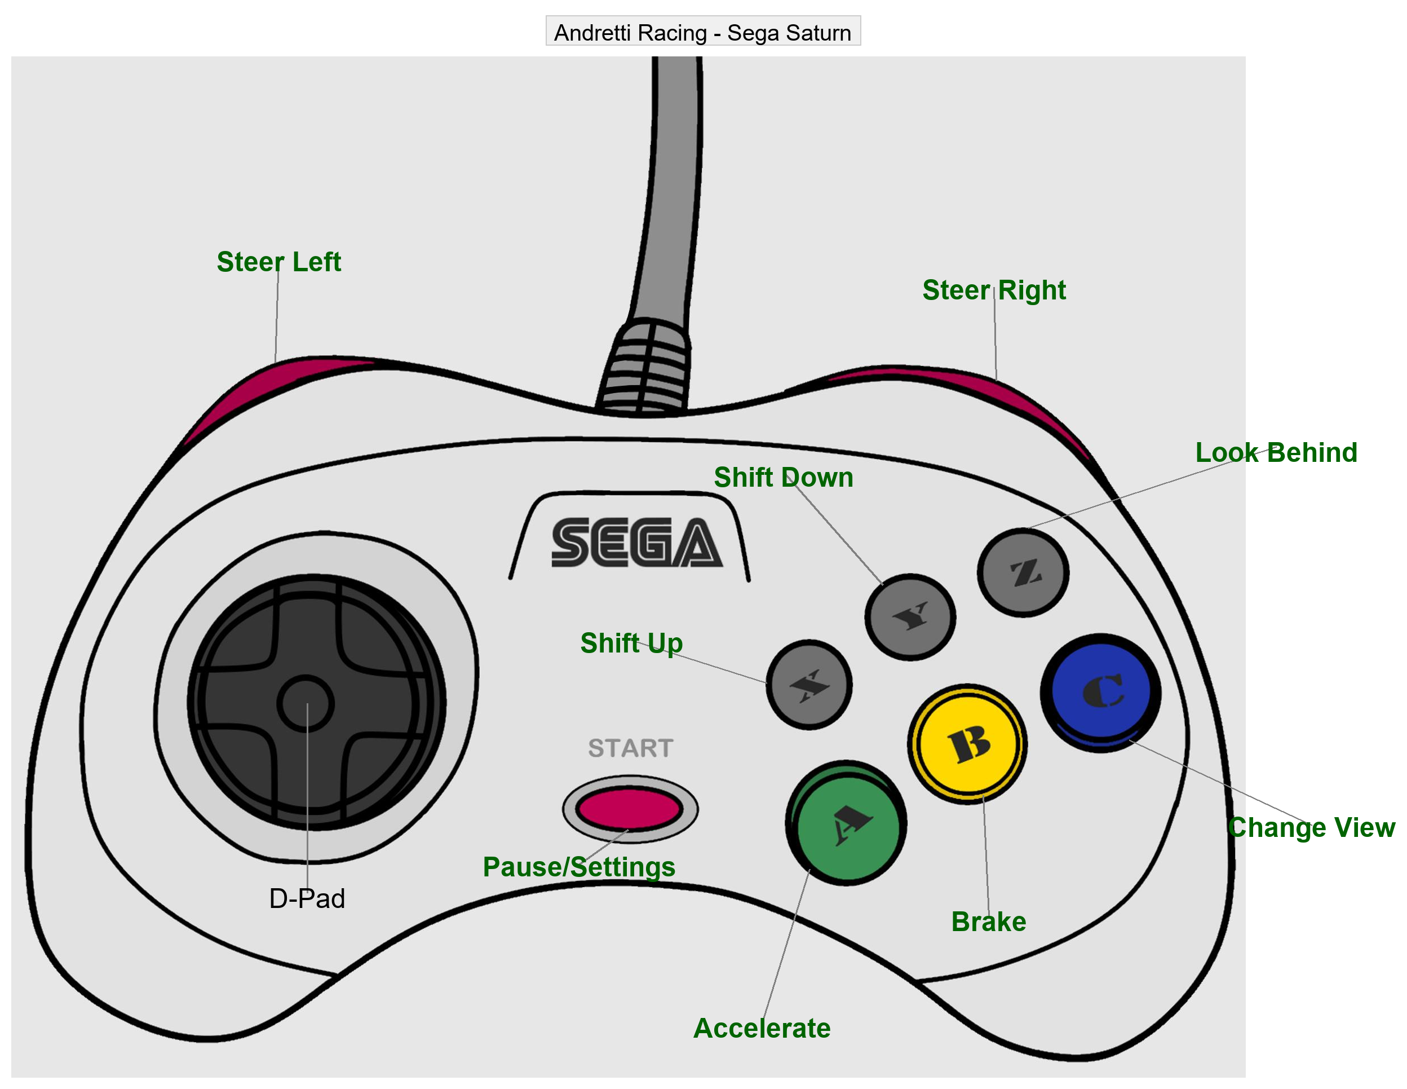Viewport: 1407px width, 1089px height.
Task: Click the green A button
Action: point(847,823)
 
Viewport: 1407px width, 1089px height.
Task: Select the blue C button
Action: point(1100,693)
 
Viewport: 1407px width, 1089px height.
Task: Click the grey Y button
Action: point(910,616)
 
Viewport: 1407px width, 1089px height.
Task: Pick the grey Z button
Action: point(1023,572)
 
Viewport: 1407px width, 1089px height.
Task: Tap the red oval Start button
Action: point(630,809)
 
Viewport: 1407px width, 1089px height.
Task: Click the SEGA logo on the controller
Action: point(636,543)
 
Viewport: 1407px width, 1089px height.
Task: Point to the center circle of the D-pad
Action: point(306,704)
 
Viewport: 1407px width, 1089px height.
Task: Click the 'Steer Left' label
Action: point(278,262)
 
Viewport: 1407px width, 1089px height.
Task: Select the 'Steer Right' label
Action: point(994,290)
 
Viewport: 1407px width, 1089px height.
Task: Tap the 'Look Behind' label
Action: point(1276,452)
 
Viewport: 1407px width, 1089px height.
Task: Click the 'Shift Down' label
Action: point(784,478)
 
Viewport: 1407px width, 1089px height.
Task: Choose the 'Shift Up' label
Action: point(631,643)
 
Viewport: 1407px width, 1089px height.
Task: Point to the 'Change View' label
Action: point(1312,827)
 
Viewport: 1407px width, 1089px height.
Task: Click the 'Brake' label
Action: point(989,922)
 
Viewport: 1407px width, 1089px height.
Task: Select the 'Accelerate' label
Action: point(762,1028)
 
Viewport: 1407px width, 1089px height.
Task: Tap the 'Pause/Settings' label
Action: point(579,867)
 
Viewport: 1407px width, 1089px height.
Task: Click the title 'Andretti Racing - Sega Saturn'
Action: point(703,32)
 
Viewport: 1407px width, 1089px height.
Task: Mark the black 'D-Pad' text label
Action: point(307,898)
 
